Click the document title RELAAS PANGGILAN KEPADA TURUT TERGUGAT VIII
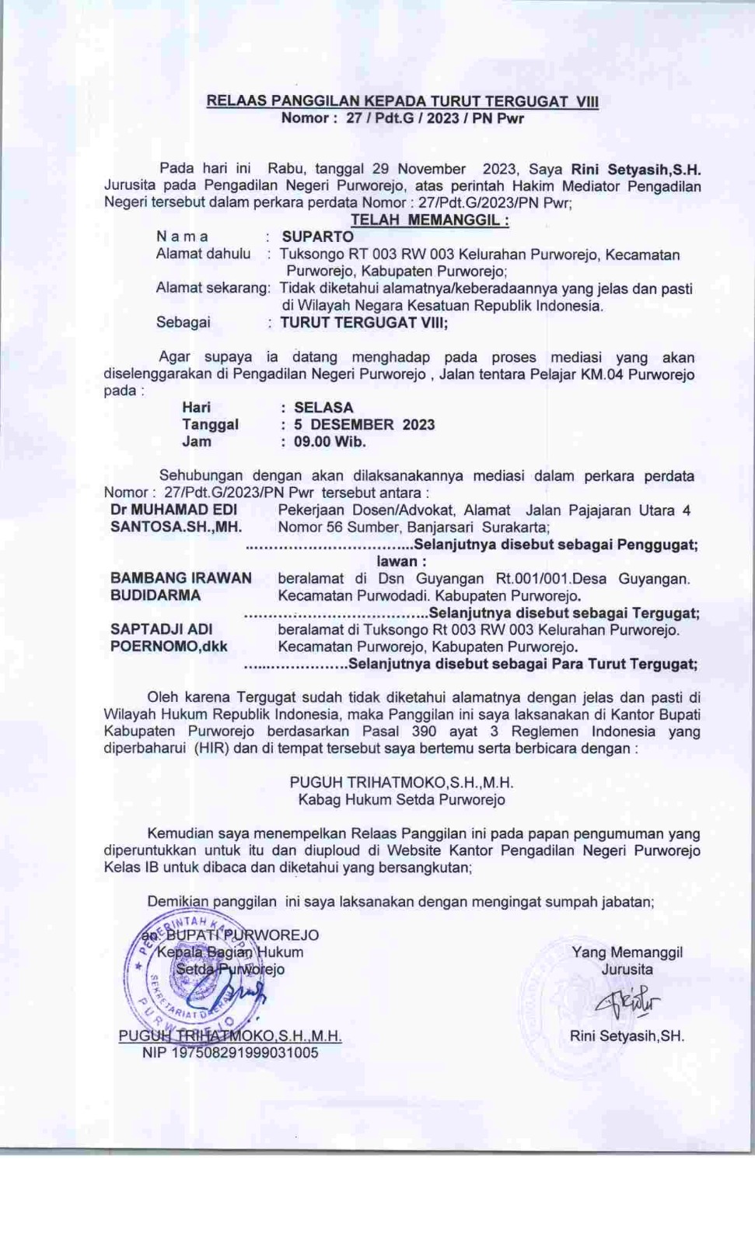point(402,101)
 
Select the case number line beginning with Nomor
point(402,118)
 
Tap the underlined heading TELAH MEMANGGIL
point(429,220)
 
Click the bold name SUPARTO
point(317,237)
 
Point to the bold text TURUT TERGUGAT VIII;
point(364,322)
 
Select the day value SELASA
point(323,407)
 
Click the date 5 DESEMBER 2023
point(364,424)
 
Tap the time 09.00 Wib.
point(330,441)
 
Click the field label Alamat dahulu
point(203,254)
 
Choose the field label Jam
point(197,441)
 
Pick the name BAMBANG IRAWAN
point(181,578)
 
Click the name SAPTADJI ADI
point(161,629)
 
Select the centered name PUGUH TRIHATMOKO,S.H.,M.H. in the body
point(401,782)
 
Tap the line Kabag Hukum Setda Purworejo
point(401,799)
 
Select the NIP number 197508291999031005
point(230,1053)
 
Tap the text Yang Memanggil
point(627,952)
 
